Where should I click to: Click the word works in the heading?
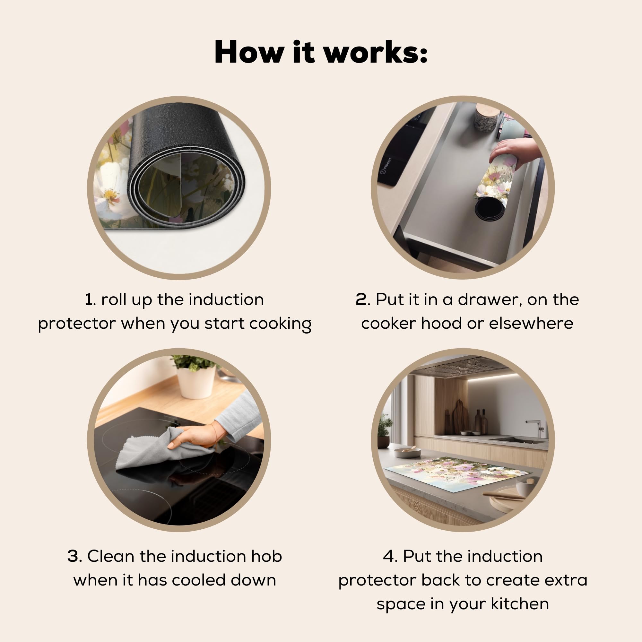pyautogui.click(x=375, y=52)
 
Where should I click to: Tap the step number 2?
pyautogui.click(x=361, y=299)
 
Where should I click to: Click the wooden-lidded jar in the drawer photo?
pyautogui.click(x=487, y=117)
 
